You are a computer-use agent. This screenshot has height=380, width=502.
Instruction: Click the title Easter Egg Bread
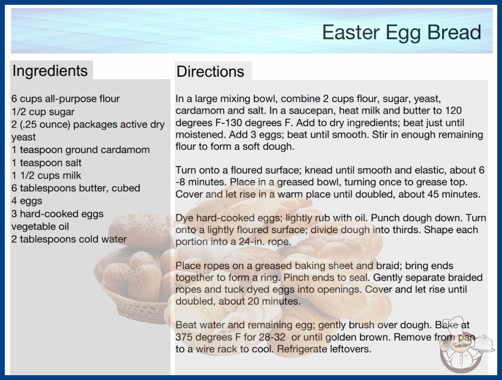pyautogui.click(x=402, y=33)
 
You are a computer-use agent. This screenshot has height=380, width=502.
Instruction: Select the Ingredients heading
pyautogui.click(x=50, y=71)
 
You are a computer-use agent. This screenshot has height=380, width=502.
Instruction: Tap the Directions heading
pyautogui.click(x=210, y=71)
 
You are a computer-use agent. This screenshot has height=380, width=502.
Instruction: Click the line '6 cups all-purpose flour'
pyautogui.click(x=66, y=99)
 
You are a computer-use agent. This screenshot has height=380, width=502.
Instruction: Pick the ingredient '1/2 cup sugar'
pyautogui.click(x=43, y=112)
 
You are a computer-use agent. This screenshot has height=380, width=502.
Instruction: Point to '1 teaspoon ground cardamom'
pyautogui.click(x=81, y=150)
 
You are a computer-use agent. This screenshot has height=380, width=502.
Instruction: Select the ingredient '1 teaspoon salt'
pyautogui.click(x=47, y=163)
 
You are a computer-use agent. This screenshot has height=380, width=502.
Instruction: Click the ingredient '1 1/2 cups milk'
pyautogui.click(x=47, y=176)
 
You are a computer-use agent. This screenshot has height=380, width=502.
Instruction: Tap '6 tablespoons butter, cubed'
pyautogui.click(x=76, y=188)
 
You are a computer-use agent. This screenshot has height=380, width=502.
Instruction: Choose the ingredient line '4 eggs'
pyautogui.click(x=27, y=201)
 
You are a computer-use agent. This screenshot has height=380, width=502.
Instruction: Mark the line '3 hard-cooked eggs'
pyautogui.click(x=58, y=214)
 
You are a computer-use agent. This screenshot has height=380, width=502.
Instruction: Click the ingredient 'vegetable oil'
pyautogui.click(x=40, y=226)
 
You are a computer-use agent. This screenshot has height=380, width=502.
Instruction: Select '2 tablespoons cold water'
pyautogui.click(x=69, y=239)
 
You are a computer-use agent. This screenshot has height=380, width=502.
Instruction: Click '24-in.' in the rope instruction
pyautogui.click(x=252, y=242)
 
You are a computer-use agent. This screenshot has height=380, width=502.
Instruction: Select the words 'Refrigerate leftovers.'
pyautogui.click(x=324, y=349)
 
